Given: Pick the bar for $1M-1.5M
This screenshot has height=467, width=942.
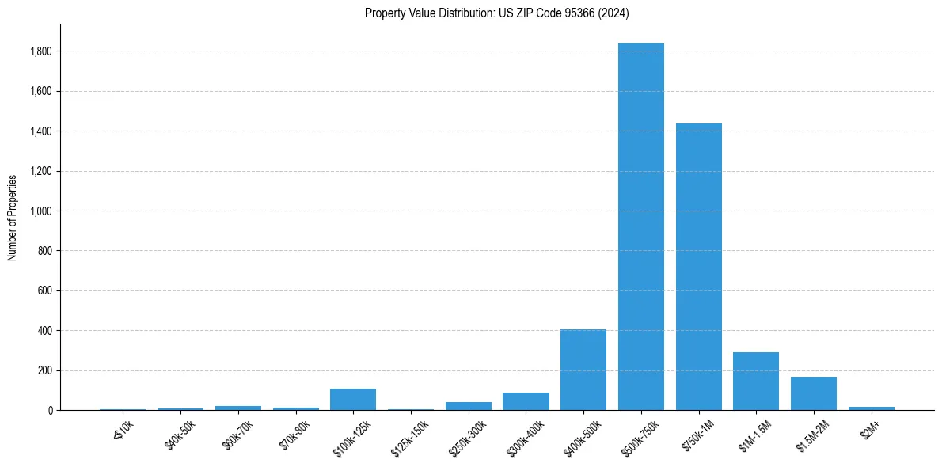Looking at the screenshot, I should tap(756, 381).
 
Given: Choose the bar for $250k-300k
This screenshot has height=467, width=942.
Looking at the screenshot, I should tap(469, 406).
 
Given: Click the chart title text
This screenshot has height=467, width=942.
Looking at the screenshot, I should tap(496, 13).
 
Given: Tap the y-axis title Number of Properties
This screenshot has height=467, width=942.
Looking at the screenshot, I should tap(13, 217).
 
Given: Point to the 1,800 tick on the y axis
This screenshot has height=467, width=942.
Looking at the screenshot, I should tap(40, 51).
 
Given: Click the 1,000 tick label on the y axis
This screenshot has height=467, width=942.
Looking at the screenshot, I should tap(40, 211).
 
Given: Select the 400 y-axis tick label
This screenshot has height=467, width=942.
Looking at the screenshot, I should tap(45, 331).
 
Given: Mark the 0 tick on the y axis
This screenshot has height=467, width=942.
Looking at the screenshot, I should tap(50, 411).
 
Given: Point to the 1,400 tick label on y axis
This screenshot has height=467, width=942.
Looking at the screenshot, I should tap(40, 131).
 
